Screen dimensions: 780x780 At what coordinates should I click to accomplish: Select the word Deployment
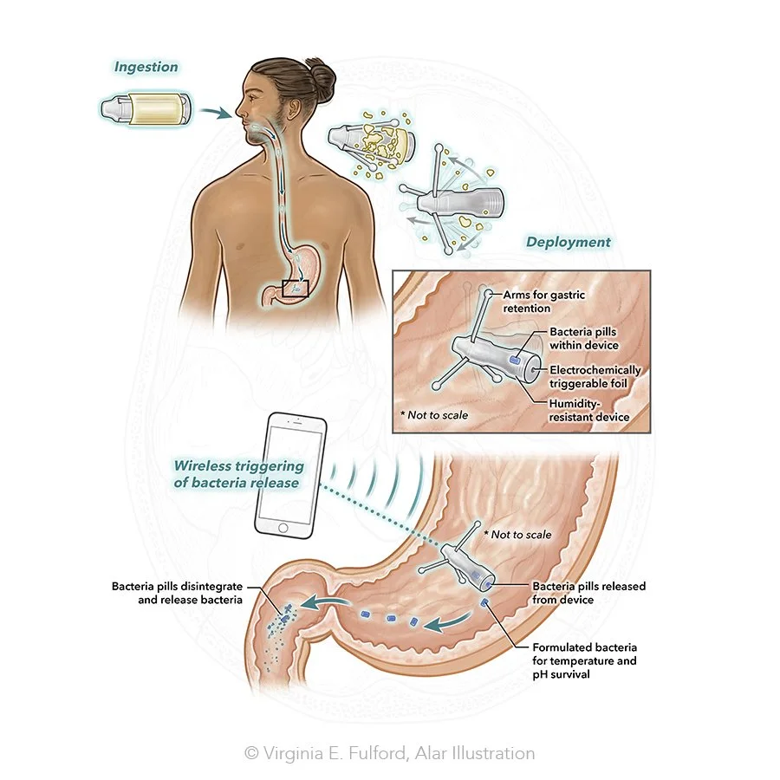point(568,243)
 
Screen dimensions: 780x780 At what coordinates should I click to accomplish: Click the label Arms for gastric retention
point(543,301)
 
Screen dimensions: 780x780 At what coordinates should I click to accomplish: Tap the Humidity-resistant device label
point(588,410)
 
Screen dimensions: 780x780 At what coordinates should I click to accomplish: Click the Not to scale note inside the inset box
point(434,415)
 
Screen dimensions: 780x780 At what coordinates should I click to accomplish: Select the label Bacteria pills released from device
point(588,593)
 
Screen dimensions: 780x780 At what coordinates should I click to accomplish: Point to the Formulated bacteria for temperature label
point(584,660)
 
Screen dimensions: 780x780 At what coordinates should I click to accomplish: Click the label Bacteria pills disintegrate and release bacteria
point(177,593)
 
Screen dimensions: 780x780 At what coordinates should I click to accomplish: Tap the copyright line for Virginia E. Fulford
point(389,753)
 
